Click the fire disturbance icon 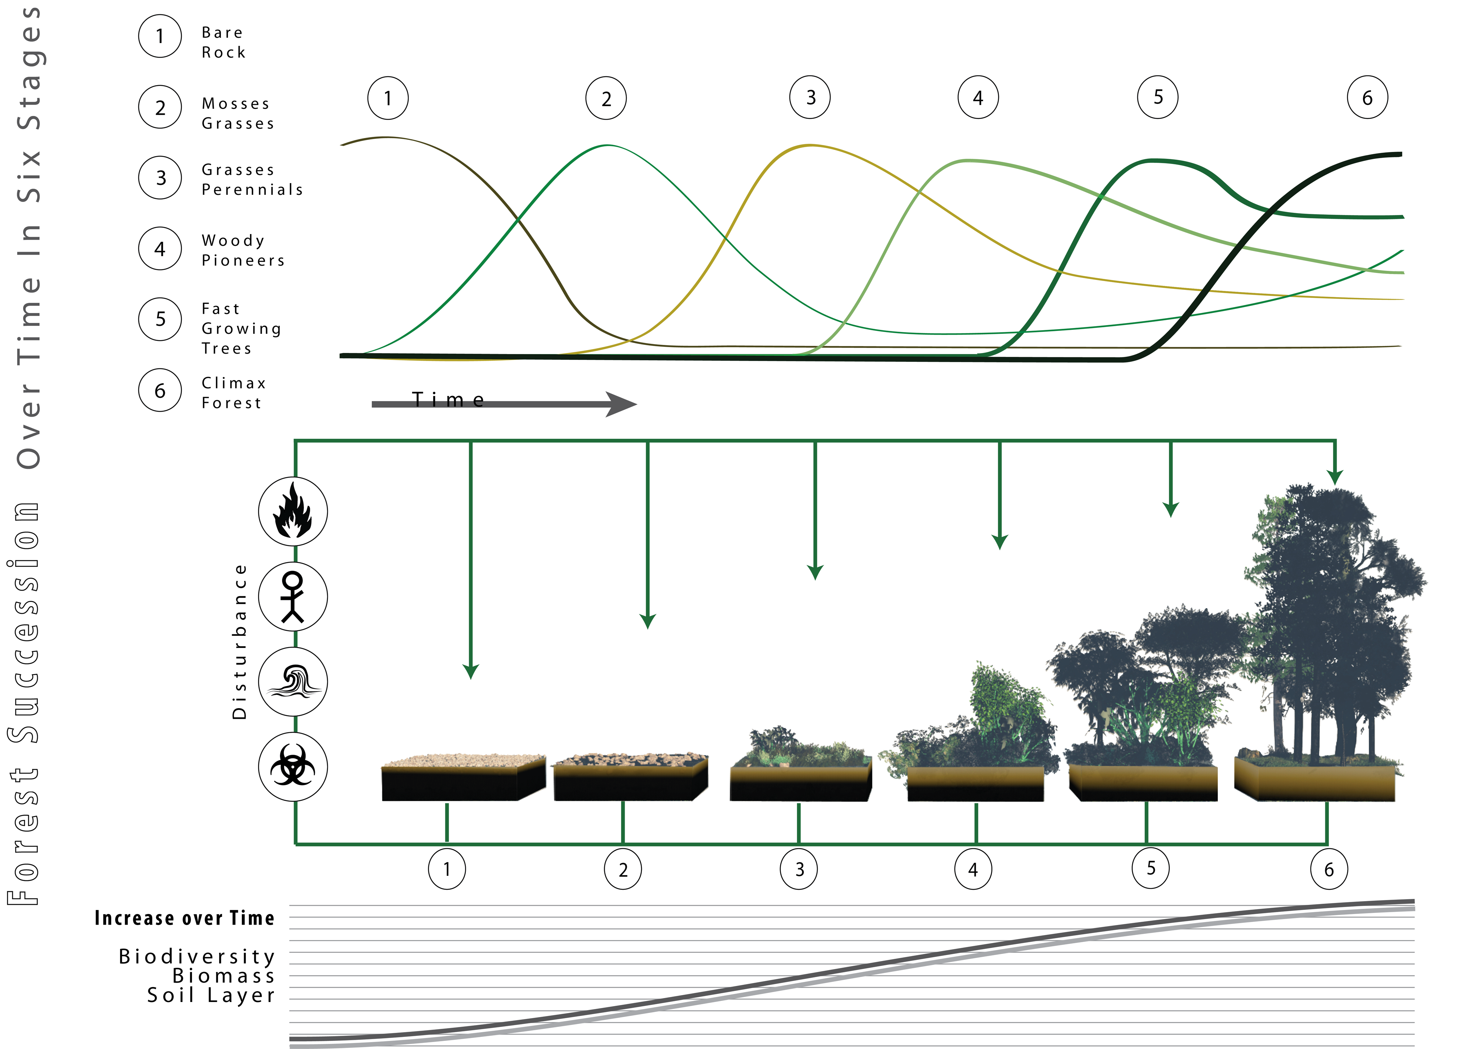[x=293, y=511]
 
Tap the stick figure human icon [x=293, y=596]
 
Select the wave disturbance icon [x=293, y=681]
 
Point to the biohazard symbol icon [x=293, y=767]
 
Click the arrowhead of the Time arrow [x=622, y=404]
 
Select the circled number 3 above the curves [x=810, y=98]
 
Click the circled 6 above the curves [x=1367, y=98]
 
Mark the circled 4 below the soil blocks [x=973, y=870]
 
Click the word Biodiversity [x=197, y=956]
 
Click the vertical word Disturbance [x=240, y=641]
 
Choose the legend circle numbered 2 [x=160, y=107]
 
